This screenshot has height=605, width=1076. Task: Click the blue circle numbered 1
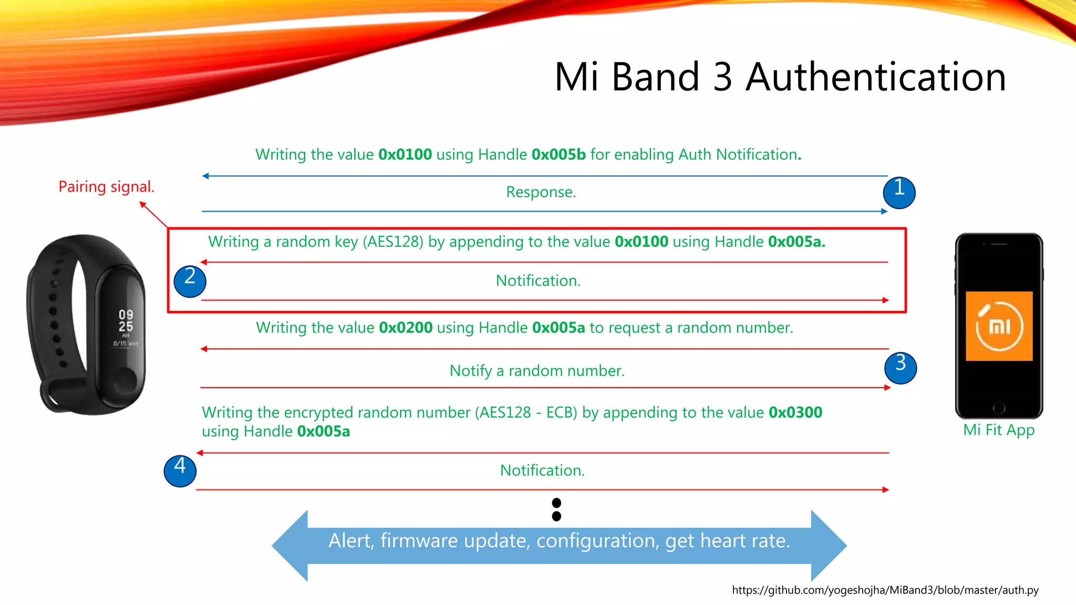pyautogui.click(x=899, y=192)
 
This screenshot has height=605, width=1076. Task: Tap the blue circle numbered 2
pyautogui.click(x=190, y=281)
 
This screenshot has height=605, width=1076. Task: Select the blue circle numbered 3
pyautogui.click(x=901, y=368)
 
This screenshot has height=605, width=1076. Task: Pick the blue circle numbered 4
pyautogui.click(x=180, y=471)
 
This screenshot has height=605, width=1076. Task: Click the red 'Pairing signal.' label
pyautogui.click(x=106, y=186)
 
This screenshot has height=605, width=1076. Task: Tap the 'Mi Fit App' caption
pyautogui.click(x=998, y=430)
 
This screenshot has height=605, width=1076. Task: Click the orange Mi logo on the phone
pyautogui.click(x=999, y=326)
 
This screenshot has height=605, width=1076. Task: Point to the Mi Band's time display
pyautogui.click(x=126, y=321)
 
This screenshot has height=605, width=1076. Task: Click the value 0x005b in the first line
pyautogui.click(x=558, y=154)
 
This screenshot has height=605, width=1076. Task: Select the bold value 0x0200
pyautogui.click(x=406, y=328)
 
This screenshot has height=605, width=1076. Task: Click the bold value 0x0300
pyautogui.click(x=795, y=412)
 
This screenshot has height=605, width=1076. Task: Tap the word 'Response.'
pyautogui.click(x=541, y=192)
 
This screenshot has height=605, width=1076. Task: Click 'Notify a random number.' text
pyautogui.click(x=537, y=371)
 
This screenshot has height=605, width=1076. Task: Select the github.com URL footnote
pyautogui.click(x=885, y=590)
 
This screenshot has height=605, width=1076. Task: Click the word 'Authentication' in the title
pyautogui.click(x=875, y=77)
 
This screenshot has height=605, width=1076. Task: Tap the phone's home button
pyautogui.click(x=999, y=408)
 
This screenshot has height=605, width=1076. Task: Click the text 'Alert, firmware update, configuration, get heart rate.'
pyautogui.click(x=559, y=541)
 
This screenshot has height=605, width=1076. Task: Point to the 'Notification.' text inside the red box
pyautogui.click(x=538, y=281)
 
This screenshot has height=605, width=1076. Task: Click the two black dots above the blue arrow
pyautogui.click(x=556, y=509)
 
